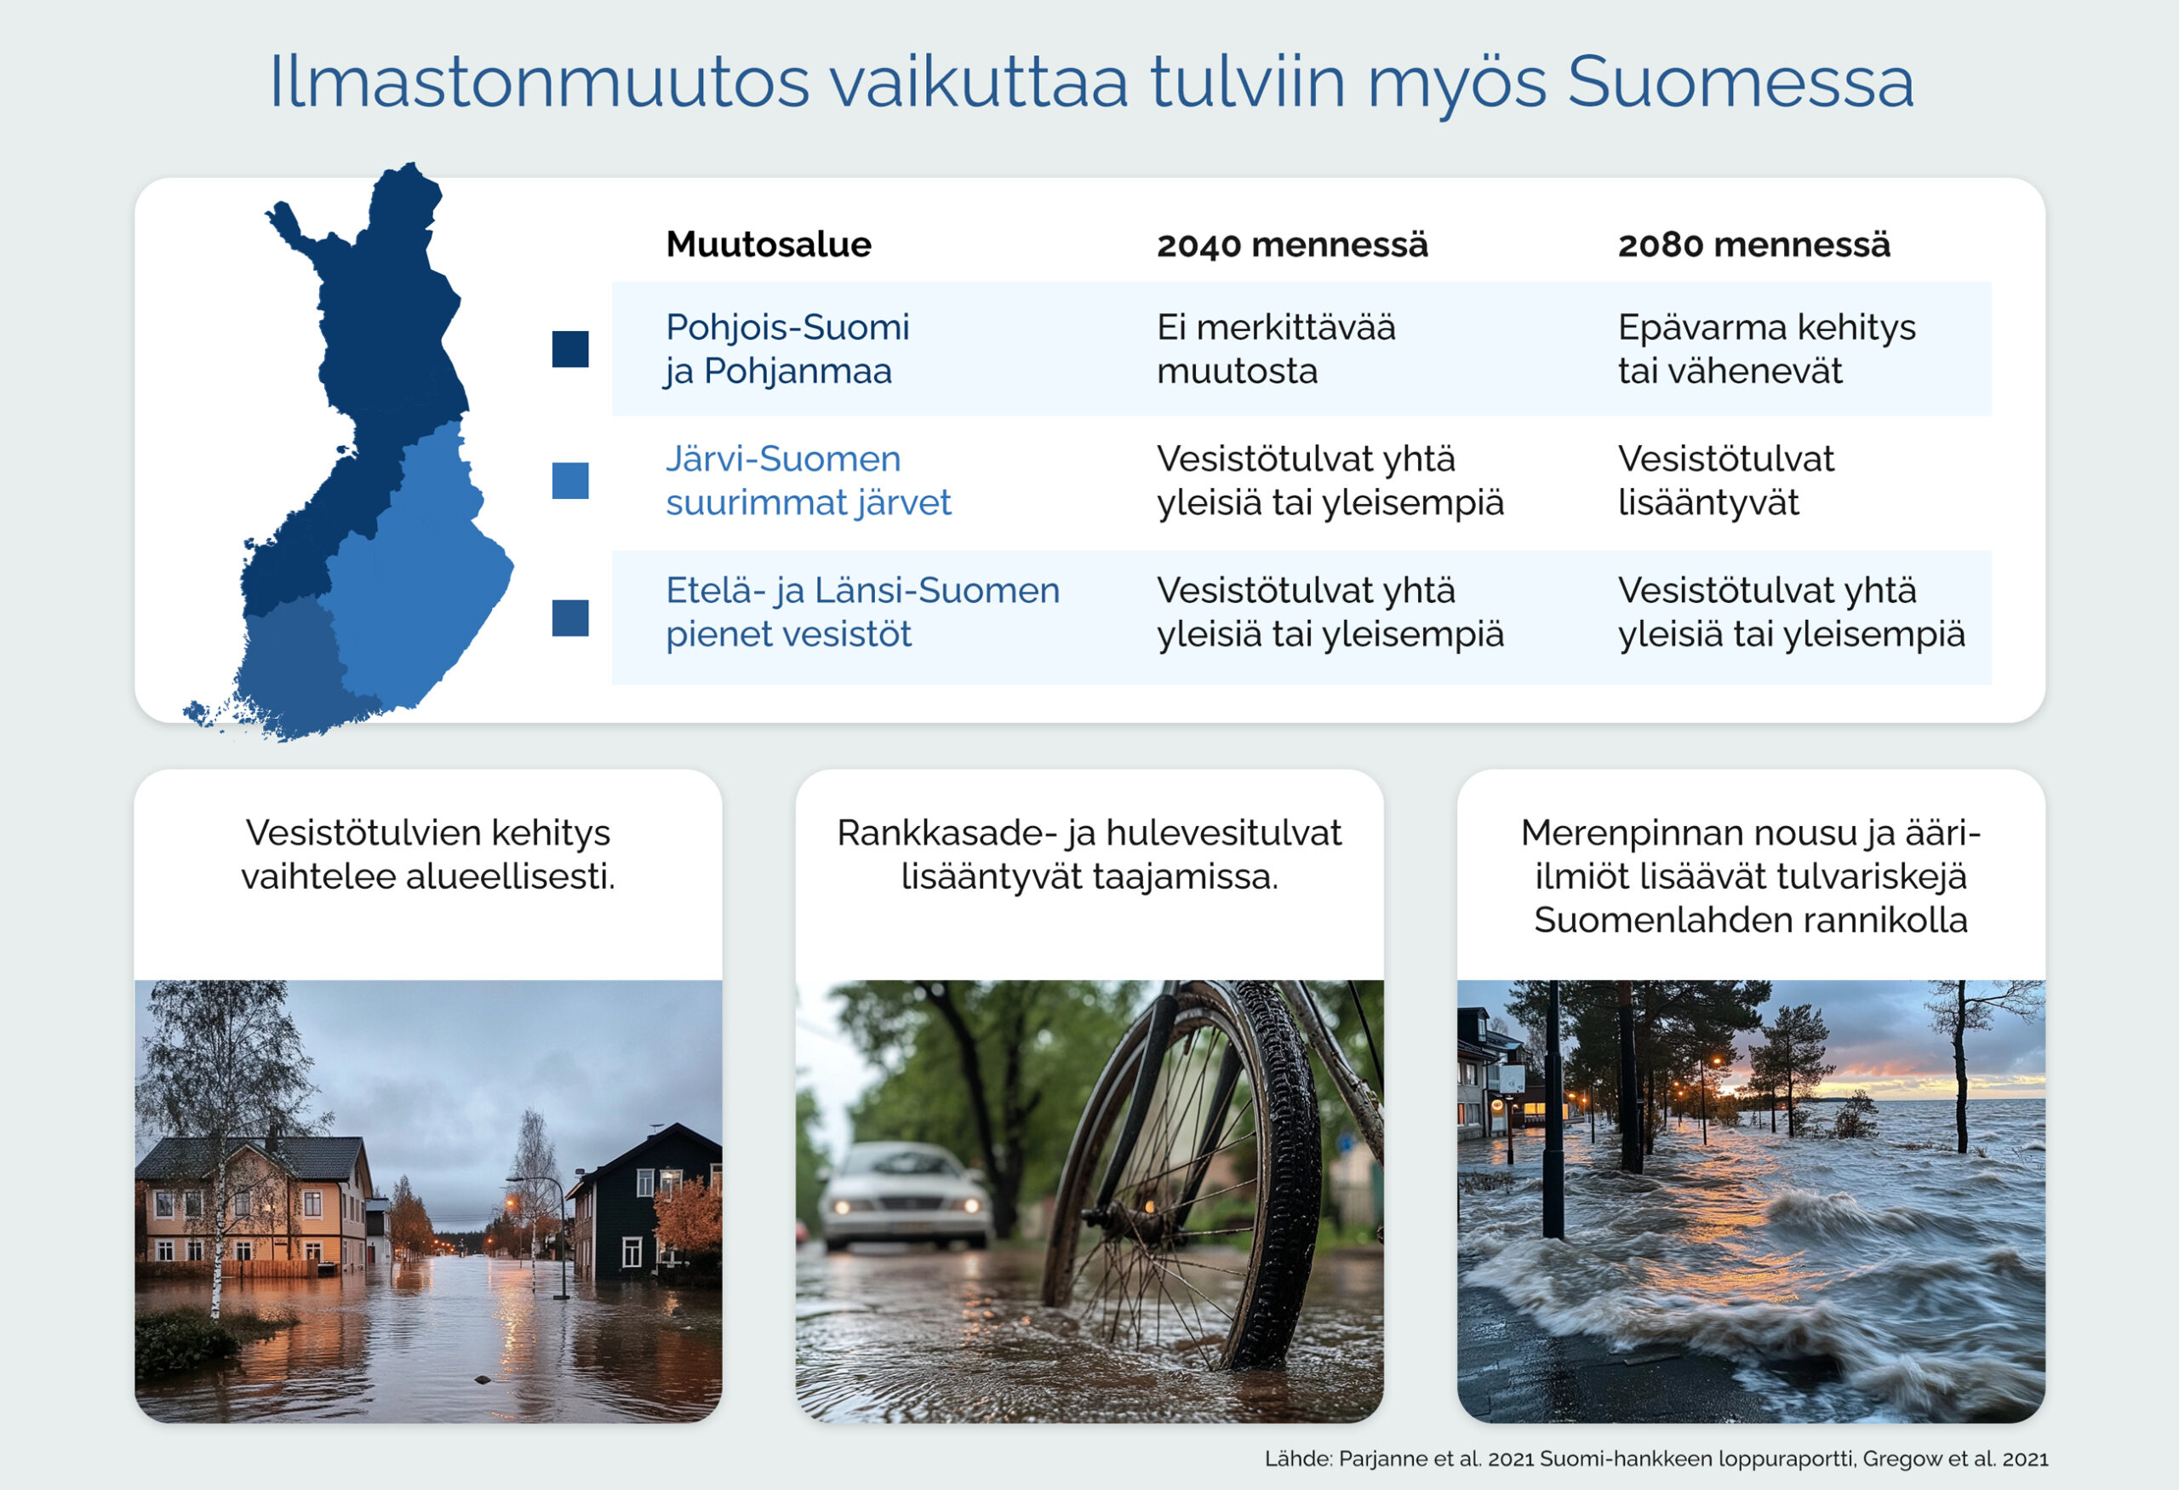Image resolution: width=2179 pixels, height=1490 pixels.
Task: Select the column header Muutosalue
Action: click(x=769, y=244)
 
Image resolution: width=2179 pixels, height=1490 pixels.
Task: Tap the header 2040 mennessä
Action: click(x=1292, y=244)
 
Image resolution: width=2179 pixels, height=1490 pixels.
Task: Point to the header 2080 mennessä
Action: click(x=1754, y=244)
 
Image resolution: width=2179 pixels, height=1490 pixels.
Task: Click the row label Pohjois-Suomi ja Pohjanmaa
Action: click(x=787, y=349)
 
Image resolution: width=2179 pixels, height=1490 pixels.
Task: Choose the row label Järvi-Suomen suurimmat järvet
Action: click(x=809, y=480)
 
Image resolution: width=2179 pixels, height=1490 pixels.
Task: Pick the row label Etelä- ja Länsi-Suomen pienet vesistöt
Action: click(x=862, y=611)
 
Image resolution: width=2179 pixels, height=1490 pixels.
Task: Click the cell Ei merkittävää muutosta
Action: click(x=1276, y=349)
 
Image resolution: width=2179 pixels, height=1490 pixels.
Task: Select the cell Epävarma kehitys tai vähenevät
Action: click(x=1766, y=349)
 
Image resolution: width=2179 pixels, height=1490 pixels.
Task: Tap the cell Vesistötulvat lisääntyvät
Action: click(x=1726, y=480)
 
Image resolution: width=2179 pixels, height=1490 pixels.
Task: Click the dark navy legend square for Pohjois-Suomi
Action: click(x=570, y=349)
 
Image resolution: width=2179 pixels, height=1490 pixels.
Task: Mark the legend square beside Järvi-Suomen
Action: click(x=570, y=480)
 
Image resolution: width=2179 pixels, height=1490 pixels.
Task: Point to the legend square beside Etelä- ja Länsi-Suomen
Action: click(x=570, y=618)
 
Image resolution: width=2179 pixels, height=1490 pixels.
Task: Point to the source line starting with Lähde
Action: click(x=1656, y=1459)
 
